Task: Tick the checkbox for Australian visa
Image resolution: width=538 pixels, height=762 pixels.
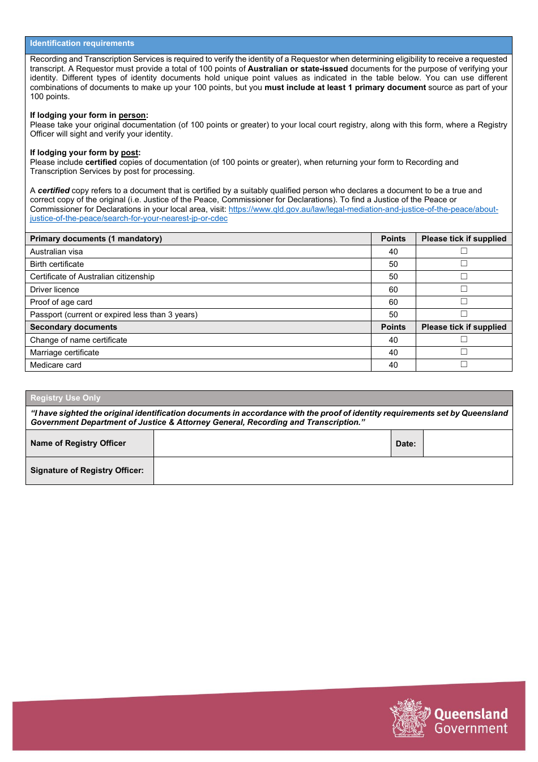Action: (x=464, y=251)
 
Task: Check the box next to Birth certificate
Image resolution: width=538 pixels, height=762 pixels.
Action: (x=464, y=263)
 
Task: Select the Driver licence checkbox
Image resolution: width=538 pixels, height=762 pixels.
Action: (x=464, y=289)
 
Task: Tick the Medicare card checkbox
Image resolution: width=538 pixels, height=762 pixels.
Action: (x=464, y=364)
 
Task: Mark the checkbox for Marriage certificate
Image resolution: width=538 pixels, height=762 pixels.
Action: (x=464, y=352)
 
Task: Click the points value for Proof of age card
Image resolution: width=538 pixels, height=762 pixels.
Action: (x=393, y=302)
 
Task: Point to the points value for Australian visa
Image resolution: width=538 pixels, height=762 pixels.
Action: (x=393, y=252)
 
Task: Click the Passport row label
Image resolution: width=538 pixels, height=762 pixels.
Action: (x=114, y=314)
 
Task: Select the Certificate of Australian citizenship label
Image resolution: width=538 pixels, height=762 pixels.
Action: (x=92, y=276)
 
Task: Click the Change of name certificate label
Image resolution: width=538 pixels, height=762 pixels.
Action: (x=79, y=340)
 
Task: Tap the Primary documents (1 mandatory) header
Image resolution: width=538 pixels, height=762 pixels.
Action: (x=96, y=239)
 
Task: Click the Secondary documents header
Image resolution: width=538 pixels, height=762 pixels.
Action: (x=74, y=327)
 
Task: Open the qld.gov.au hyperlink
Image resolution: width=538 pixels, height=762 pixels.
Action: (x=363, y=209)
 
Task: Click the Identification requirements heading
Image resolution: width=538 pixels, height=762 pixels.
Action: (x=82, y=44)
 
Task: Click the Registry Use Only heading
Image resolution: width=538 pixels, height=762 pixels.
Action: (x=66, y=398)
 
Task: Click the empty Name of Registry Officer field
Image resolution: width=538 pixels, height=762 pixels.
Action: (x=272, y=443)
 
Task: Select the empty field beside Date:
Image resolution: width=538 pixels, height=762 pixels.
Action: (x=467, y=443)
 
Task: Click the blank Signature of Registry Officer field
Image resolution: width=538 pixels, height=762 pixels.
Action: (x=332, y=471)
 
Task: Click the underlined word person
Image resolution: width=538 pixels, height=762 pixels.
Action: (x=132, y=115)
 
